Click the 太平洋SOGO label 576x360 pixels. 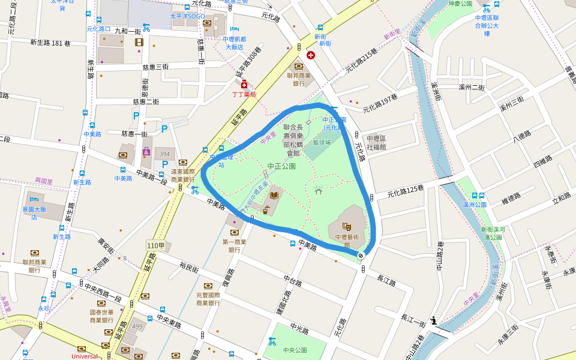tap(187, 16)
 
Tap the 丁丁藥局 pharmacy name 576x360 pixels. tap(244, 95)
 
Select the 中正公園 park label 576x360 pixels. tap(281, 166)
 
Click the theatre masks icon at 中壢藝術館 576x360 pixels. tap(346, 226)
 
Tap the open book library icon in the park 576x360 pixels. tap(275, 195)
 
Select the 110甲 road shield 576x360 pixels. tap(155, 245)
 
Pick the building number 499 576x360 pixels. tap(137, 326)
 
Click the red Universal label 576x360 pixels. tap(84, 356)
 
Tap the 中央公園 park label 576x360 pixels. tap(293, 350)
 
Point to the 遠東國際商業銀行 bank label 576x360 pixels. tap(183, 175)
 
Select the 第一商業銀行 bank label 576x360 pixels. tap(235, 245)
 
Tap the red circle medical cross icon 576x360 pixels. tap(310, 55)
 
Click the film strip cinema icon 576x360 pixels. tap(139, 42)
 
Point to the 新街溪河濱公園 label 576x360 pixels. tap(491, 233)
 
